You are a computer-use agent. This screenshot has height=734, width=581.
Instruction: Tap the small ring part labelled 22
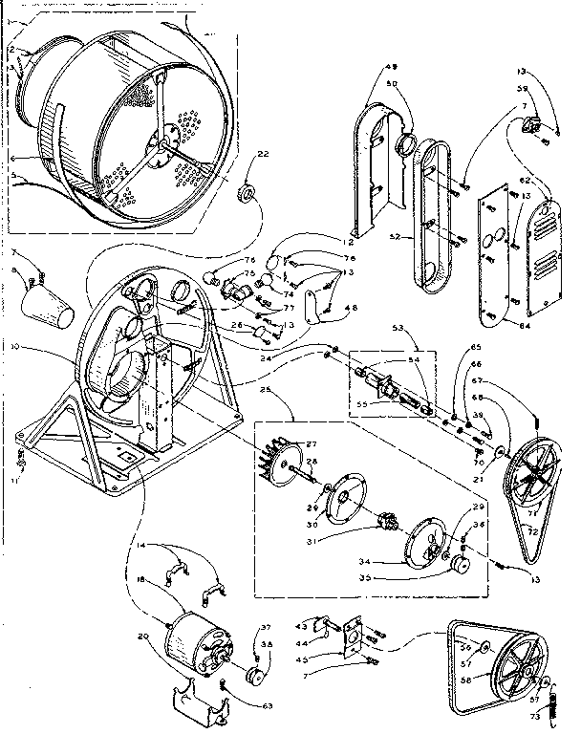[x=245, y=196]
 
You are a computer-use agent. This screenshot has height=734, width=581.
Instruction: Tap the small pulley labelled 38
[x=254, y=676]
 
